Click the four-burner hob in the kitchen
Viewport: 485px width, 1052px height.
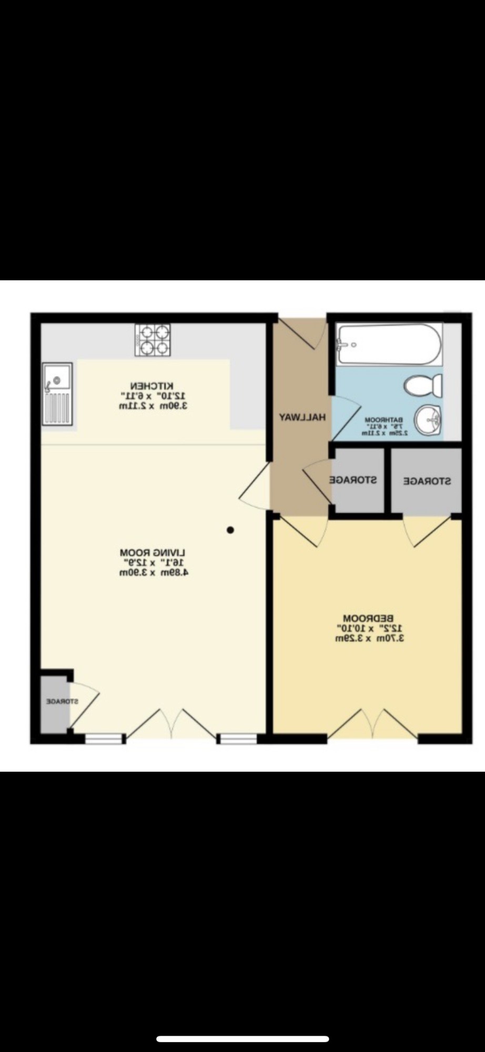point(153,340)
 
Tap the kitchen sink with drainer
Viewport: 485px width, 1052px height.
point(57,392)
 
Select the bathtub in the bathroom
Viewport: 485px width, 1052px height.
point(389,345)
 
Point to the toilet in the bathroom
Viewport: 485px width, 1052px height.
point(423,386)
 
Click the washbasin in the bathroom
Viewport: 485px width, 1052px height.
point(428,421)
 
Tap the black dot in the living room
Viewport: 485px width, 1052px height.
point(230,530)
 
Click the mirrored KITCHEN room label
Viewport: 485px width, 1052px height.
point(153,386)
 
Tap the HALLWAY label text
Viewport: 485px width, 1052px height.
point(302,417)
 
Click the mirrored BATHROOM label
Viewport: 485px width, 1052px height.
point(384,420)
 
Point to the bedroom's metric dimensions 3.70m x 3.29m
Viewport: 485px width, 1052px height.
point(369,639)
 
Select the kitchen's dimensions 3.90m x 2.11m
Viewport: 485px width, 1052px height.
point(153,406)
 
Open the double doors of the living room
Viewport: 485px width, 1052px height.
point(171,724)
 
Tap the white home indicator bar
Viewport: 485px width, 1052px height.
point(242,1039)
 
